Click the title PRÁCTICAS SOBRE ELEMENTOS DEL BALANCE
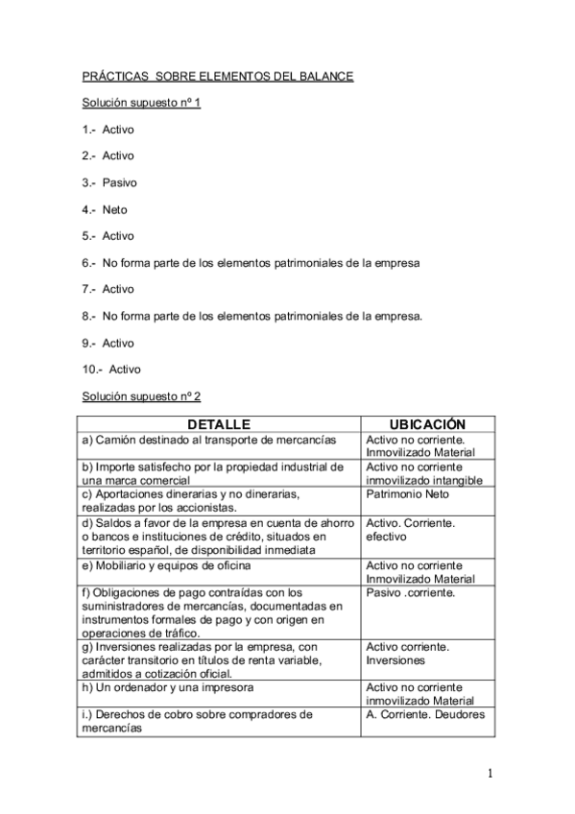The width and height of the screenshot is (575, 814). (218, 76)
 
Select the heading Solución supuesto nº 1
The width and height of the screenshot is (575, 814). (140, 102)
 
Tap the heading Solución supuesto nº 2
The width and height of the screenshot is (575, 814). (140, 396)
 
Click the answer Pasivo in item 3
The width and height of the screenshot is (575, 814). (120, 182)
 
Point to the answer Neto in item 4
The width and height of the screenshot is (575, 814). (115, 209)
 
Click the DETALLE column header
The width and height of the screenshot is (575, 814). (219, 424)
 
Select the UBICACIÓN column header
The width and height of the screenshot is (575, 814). (427, 424)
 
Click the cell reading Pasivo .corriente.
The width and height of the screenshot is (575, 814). (410, 593)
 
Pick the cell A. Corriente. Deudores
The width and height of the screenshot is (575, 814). (425, 714)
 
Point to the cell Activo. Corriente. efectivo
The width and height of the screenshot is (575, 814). (411, 530)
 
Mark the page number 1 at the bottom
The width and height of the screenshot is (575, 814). (490, 774)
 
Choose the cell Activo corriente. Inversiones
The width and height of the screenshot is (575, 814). (409, 654)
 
